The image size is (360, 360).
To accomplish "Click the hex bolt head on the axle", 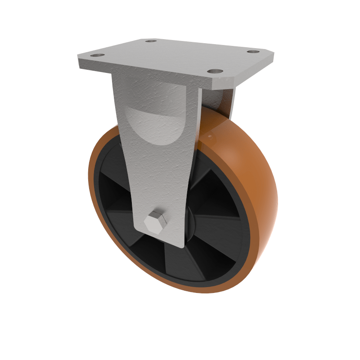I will point(156,222).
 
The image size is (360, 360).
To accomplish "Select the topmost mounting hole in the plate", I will point(151,41).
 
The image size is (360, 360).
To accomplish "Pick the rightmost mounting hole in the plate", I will point(253,51).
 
